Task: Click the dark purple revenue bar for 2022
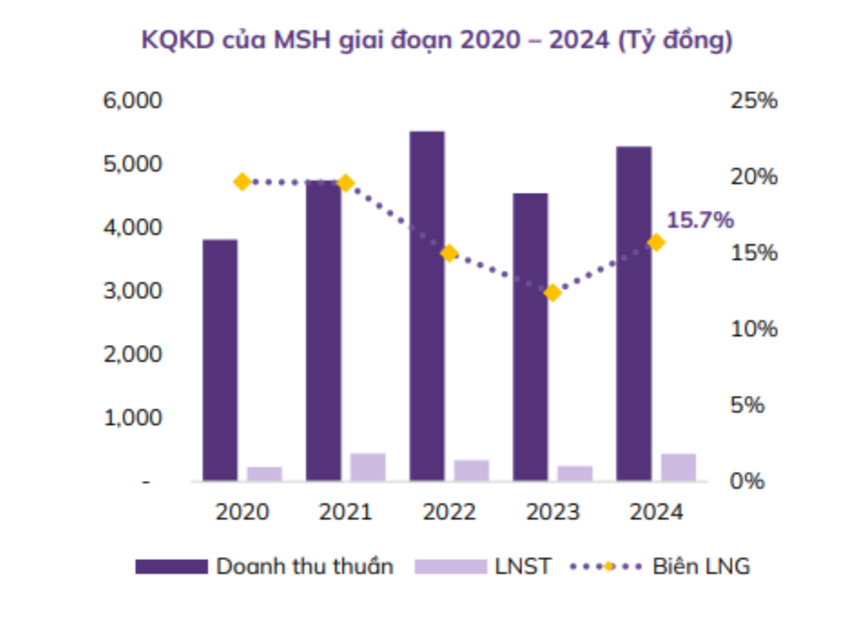coord(427,306)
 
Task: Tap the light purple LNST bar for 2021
coord(368,467)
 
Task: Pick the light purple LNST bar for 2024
coord(679,467)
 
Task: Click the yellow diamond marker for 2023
coord(552,293)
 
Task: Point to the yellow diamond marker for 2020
coord(242,182)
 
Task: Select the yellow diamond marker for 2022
coord(449,254)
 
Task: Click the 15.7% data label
coord(700,221)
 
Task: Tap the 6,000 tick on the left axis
coord(133,101)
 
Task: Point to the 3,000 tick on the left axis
coord(133,291)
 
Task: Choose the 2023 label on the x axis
coord(553,513)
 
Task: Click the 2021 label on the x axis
coord(345,513)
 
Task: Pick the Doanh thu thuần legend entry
coord(264,567)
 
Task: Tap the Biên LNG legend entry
coord(659,567)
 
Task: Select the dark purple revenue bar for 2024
coord(634,313)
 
